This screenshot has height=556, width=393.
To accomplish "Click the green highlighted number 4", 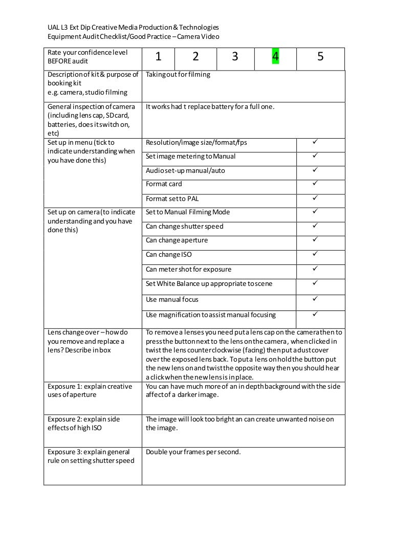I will coord(275,57).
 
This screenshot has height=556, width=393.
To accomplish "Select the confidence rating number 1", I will coord(159,57).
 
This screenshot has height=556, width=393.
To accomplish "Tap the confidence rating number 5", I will coord(320,57).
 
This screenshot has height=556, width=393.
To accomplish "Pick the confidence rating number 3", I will coord(235,57).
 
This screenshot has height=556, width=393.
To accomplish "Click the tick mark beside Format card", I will coord(315,183).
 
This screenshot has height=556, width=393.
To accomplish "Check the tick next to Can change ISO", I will coord(315,254).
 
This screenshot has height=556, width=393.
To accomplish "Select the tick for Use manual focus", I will coord(315,299).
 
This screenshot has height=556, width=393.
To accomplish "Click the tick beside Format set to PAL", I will coord(315,198).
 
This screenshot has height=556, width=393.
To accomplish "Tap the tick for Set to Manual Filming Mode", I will coord(315,211).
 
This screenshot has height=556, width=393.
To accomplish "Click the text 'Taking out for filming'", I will coord(178,75).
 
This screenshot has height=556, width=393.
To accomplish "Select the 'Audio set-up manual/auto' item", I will coord(185,170).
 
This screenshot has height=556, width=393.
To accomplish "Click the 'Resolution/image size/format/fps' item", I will coord(196,142).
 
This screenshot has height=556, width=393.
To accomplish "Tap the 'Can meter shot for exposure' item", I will coord(188,269).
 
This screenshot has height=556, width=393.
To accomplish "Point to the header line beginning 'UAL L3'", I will coord(133,27).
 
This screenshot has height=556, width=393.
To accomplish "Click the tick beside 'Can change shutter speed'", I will coord(315,226).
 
